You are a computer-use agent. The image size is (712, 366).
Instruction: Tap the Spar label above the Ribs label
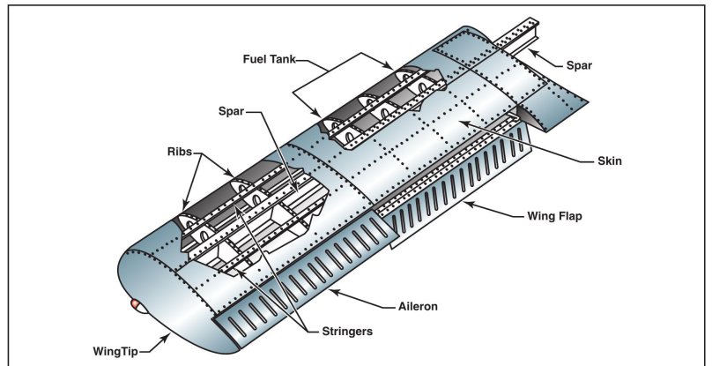(x=233, y=113)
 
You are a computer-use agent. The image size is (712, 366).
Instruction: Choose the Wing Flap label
(x=556, y=214)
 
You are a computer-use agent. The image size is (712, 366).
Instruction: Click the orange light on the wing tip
(x=137, y=304)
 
